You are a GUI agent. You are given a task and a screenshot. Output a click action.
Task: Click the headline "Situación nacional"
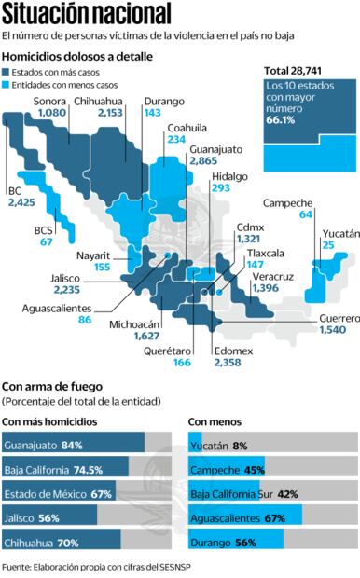click(x=87, y=14)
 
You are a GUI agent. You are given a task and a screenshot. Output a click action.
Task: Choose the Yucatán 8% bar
click(x=195, y=446)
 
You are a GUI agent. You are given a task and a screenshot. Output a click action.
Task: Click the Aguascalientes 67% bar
click(x=245, y=516)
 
